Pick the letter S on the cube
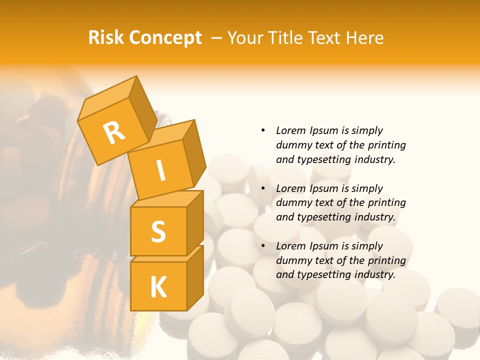(x=158, y=231)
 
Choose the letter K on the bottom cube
(x=158, y=287)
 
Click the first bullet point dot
(x=263, y=130)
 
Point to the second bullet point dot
(x=263, y=188)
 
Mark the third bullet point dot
(x=263, y=246)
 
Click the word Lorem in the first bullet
(x=290, y=130)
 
